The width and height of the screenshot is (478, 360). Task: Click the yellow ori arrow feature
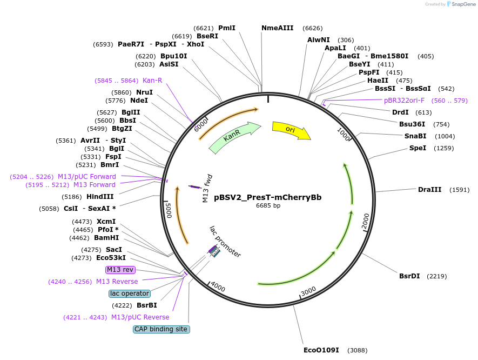[291, 130]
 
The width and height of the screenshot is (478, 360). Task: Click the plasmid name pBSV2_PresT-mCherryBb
[268, 197]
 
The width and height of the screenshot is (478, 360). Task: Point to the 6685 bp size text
[268, 205]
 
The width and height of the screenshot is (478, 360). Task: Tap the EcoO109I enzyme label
[321, 350]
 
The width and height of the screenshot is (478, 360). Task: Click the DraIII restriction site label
[429, 190]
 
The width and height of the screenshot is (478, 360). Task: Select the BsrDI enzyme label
[409, 276]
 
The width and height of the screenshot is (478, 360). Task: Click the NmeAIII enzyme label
[277, 28]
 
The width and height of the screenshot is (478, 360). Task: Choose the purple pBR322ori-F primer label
[404, 101]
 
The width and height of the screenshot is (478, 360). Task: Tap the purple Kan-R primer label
[152, 81]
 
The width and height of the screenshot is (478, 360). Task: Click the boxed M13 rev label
[120, 270]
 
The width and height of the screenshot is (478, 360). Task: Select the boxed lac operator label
[129, 294]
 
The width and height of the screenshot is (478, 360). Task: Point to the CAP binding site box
[161, 329]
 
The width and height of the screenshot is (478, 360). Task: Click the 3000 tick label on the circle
[308, 291]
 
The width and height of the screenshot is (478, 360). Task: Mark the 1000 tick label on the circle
[344, 133]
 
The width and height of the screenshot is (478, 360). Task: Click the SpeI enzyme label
[418, 148]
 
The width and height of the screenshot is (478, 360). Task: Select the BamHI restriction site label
[106, 238]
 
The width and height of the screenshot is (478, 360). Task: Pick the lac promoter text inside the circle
[225, 242]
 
